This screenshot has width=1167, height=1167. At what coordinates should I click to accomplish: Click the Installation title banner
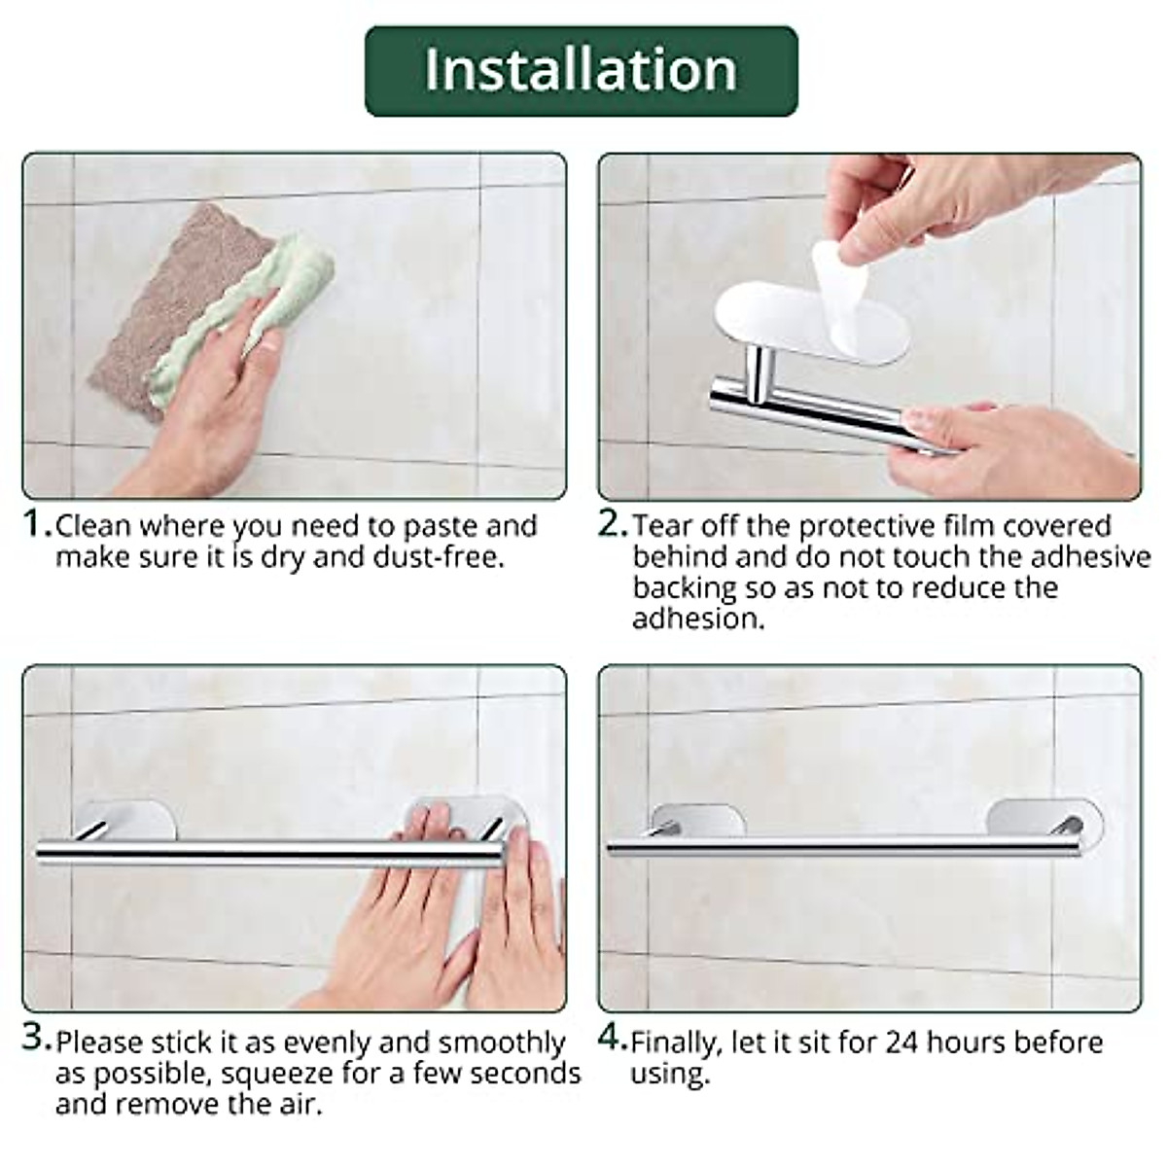581,70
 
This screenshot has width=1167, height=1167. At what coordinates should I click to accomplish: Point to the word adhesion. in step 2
698,619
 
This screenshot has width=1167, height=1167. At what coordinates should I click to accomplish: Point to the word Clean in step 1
92,526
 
